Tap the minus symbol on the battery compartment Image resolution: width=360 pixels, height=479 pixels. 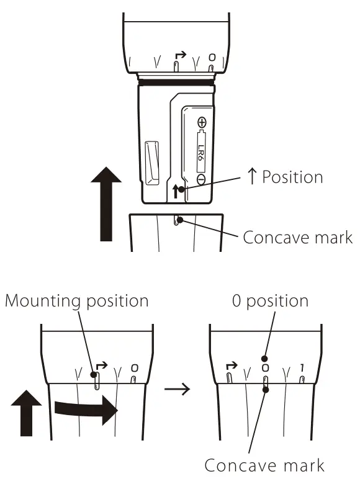pyautogui.click(x=202, y=178)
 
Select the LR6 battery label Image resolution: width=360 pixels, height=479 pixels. pyautogui.click(x=202, y=151)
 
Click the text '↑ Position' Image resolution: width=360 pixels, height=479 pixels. pyautogui.click(x=282, y=177)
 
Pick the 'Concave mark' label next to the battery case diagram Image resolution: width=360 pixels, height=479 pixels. pyautogui.click(x=297, y=237)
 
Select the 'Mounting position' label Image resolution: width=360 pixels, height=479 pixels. pyautogui.click(x=77, y=301)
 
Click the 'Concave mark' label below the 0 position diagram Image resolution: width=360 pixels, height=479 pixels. pyautogui.click(x=264, y=465)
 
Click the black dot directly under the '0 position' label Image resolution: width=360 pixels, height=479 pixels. pyautogui.click(x=265, y=358)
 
